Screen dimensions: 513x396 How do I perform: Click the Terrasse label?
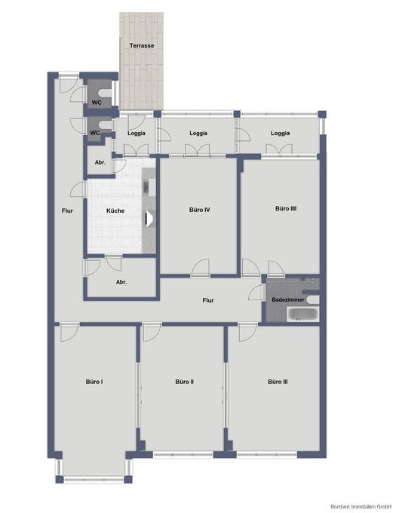(142, 46)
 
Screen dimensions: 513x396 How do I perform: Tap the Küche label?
(115, 210)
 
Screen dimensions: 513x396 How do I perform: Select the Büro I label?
(94, 382)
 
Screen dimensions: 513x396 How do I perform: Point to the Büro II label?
(185, 382)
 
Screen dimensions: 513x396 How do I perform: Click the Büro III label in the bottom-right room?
(278, 382)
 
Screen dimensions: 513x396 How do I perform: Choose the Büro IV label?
(198, 210)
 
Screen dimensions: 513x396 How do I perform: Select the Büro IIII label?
(284, 209)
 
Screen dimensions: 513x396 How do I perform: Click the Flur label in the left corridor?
(67, 210)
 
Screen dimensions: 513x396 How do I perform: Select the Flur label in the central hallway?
(208, 300)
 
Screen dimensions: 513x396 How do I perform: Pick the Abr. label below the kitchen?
(121, 282)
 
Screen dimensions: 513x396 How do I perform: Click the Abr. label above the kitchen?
(99, 163)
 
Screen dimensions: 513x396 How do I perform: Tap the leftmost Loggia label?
(137, 134)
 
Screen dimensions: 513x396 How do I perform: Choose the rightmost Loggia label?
(280, 134)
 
